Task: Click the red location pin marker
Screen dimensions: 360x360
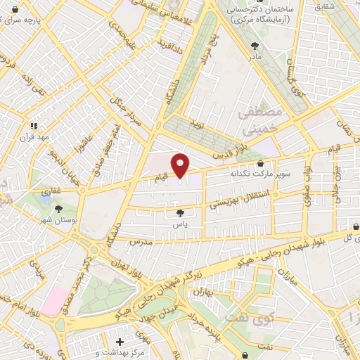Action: (x=181, y=166)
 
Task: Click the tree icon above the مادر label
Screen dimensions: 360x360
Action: (x=254, y=45)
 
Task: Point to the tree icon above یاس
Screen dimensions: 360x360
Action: (x=181, y=212)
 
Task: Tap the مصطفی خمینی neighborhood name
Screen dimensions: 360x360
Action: (x=259, y=121)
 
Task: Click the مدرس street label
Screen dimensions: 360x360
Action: (x=141, y=242)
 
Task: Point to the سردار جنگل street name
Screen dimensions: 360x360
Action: (x=127, y=110)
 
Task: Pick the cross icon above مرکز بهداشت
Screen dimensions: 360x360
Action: (x=120, y=342)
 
